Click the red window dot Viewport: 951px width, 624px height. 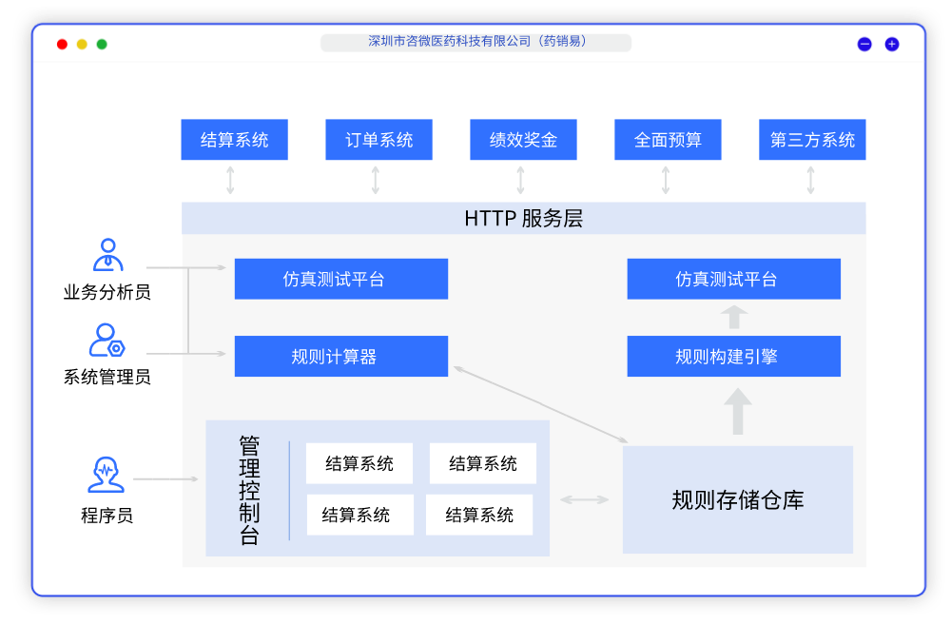pyautogui.click(x=62, y=44)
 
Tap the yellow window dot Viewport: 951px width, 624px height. pyautogui.click(x=82, y=44)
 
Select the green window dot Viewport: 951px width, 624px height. pyautogui.click(x=102, y=44)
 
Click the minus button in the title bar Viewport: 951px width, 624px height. pyautogui.click(x=864, y=44)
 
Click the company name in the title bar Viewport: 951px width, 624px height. pyautogui.click(x=476, y=42)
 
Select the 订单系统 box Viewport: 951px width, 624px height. pyautogui.click(x=378, y=140)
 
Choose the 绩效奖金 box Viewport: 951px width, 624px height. pyautogui.click(x=523, y=140)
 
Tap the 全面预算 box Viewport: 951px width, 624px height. pyautogui.click(x=668, y=140)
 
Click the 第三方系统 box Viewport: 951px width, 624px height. pyautogui.click(x=812, y=140)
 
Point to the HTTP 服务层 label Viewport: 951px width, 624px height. pyautogui.click(x=523, y=219)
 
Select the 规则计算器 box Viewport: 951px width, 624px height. pyautogui.click(x=340, y=357)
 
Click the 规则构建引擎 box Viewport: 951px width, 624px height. pyautogui.click(x=733, y=357)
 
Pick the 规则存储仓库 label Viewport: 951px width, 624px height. pyautogui.click(x=737, y=500)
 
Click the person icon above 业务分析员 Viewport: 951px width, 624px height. pyautogui.click(x=107, y=255)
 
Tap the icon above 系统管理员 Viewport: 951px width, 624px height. pyautogui.click(x=107, y=340)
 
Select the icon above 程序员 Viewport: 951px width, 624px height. pyautogui.click(x=106, y=475)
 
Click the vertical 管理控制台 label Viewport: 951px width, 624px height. pyautogui.click(x=249, y=491)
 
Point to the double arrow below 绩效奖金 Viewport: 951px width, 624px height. pyautogui.click(x=520, y=181)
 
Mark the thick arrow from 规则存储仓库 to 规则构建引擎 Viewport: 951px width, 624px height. pyautogui.click(x=737, y=411)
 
